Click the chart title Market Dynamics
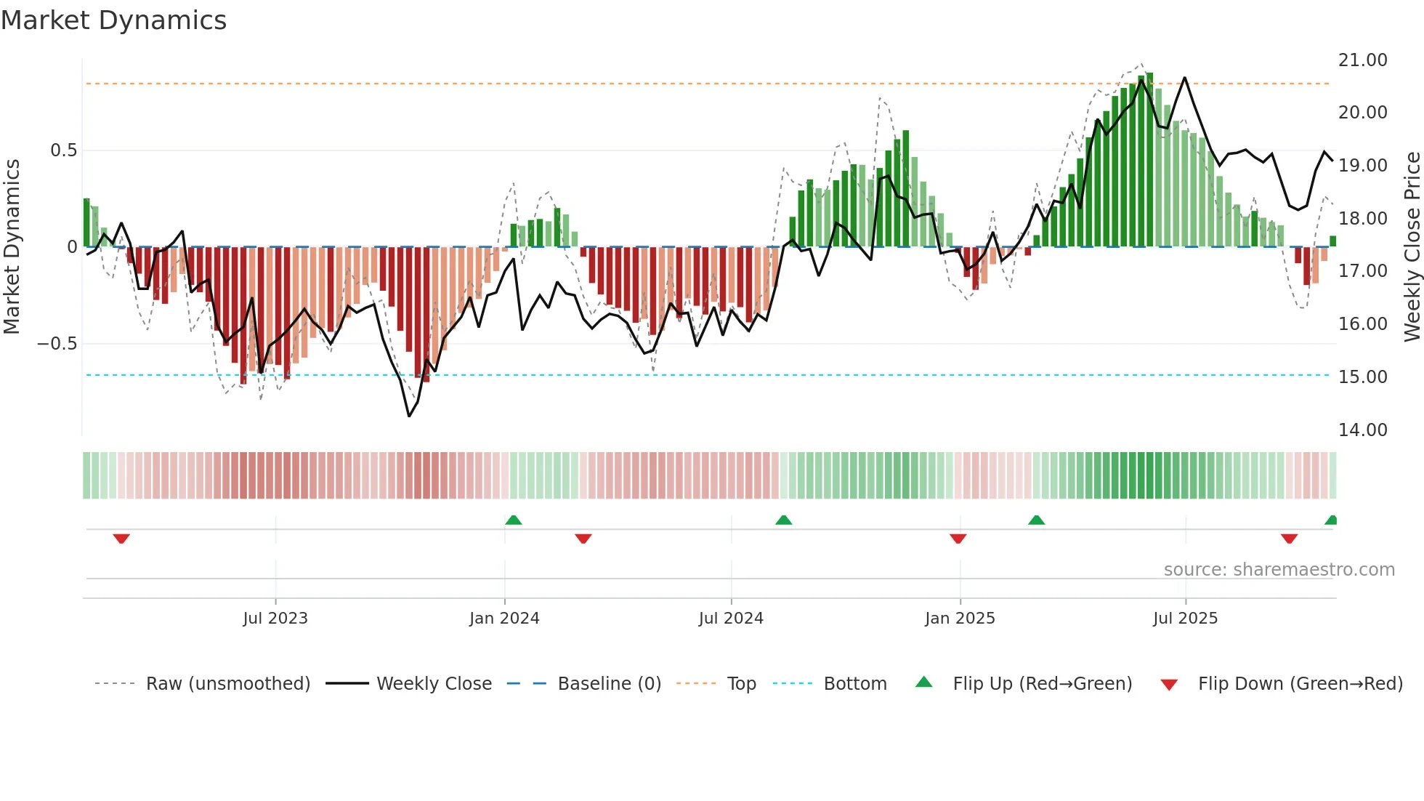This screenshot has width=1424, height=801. point(114,20)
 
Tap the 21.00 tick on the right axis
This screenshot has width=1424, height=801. point(1362,60)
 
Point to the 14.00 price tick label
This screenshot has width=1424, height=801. point(1362,430)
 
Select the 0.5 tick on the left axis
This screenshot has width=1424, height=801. point(63,150)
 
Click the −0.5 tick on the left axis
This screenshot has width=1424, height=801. point(57,344)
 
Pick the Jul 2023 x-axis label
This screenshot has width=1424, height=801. point(275,619)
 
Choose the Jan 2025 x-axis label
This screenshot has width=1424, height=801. point(960,619)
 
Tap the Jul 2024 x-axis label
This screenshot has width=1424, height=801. point(731,619)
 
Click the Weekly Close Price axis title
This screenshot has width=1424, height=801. point(1412,246)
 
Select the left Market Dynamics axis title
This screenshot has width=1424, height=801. point(12,246)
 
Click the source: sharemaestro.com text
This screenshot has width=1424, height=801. point(1279,570)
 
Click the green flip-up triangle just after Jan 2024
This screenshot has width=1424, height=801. point(514,520)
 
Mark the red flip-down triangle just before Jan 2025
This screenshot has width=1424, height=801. point(958,539)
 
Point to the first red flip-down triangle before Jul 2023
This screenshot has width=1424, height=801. point(121,539)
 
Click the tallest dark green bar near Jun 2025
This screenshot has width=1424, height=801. point(1149,160)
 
